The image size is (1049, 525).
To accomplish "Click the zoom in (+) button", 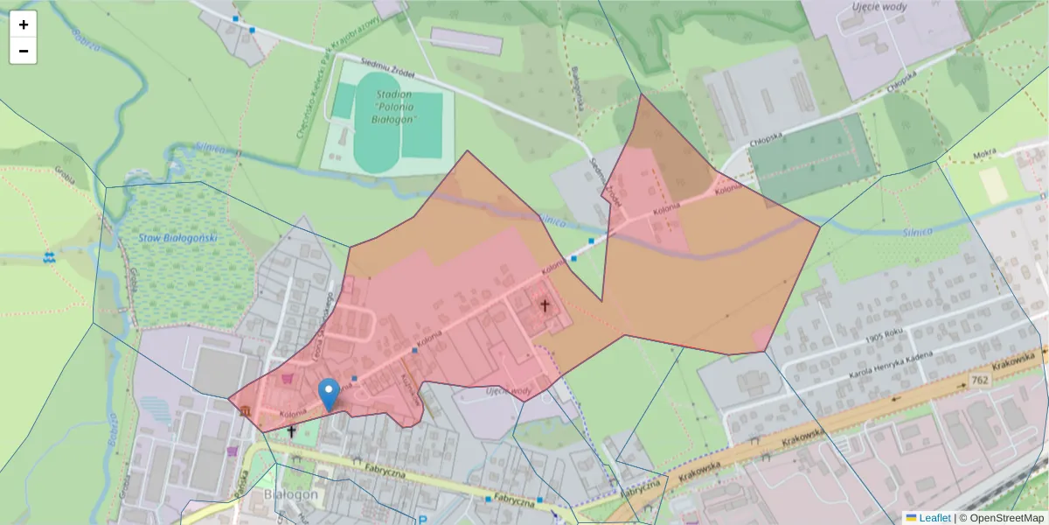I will point(23,24).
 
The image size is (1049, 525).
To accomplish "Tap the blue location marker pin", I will point(329,395).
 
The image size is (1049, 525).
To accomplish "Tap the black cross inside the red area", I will point(545,305).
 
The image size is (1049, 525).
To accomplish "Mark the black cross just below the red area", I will point(291,431).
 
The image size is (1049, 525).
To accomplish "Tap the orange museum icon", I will point(247,411).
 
